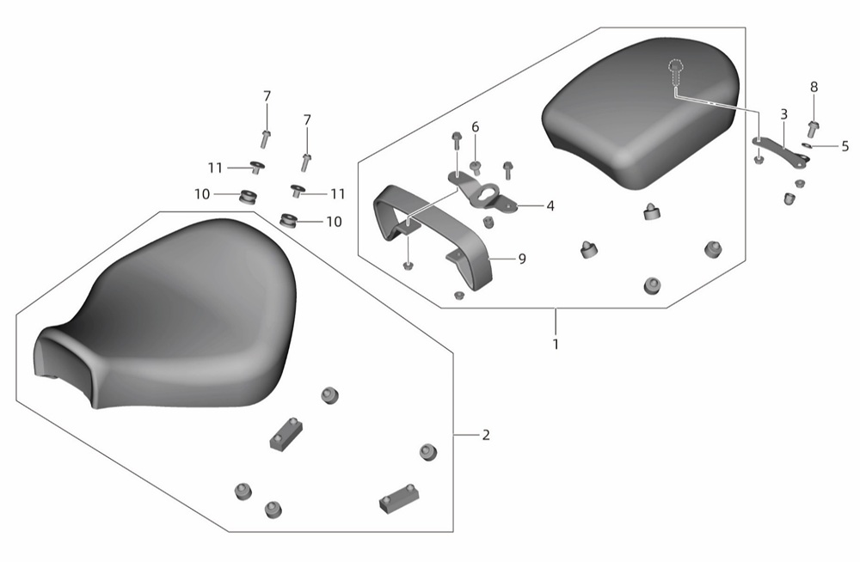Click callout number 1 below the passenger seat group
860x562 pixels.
[556, 345]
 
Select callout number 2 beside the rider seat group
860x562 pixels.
[486, 436]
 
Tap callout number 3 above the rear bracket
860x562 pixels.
[783, 114]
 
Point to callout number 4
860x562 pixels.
[550, 206]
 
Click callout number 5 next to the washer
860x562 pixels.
[845, 146]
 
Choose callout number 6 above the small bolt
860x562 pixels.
[475, 127]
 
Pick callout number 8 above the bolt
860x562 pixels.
[814, 87]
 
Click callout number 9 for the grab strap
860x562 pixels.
[522, 259]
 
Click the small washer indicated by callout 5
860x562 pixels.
[808, 145]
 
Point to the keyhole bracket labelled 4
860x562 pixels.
[482, 192]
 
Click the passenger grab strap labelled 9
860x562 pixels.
[433, 234]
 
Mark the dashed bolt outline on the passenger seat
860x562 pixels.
[676, 72]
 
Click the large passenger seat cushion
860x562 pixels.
[641, 113]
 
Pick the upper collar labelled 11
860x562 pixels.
[256, 166]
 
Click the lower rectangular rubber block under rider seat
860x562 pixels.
[399, 498]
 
